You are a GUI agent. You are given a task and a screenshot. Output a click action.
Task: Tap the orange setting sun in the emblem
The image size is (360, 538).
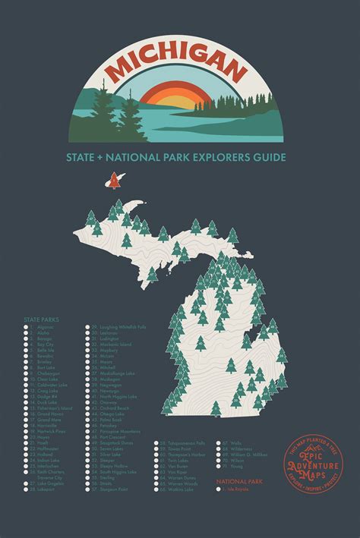tap(179, 98)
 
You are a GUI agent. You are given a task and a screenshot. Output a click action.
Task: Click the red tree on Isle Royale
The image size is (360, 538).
tap(114, 181)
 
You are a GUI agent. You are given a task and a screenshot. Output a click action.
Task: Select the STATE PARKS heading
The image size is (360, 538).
tap(42, 320)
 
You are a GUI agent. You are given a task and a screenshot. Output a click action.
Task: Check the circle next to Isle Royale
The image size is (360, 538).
tap(219, 490)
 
